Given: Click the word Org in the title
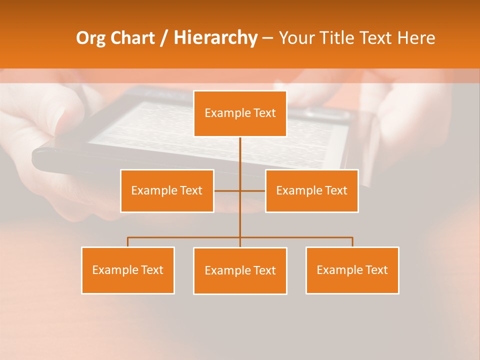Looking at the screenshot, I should click(x=92, y=38).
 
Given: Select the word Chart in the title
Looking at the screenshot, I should click(x=132, y=38).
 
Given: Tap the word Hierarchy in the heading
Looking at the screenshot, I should click(x=215, y=38).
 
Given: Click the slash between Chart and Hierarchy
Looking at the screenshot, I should click(x=164, y=38).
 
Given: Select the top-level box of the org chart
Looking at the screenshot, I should click(x=240, y=113).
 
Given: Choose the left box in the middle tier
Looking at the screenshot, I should click(x=167, y=190).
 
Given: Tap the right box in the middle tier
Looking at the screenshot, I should click(x=311, y=190).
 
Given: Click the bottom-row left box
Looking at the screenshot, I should click(x=128, y=270).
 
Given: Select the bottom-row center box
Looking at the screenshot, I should click(x=240, y=270).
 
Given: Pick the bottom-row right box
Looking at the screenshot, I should click(x=352, y=270).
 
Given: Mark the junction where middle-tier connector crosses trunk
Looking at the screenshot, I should click(x=240, y=190).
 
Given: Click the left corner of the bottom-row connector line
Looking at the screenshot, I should click(x=128, y=237).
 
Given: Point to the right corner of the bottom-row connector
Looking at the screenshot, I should click(x=352, y=237).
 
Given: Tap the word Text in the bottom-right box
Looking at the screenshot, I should click(x=376, y=270).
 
